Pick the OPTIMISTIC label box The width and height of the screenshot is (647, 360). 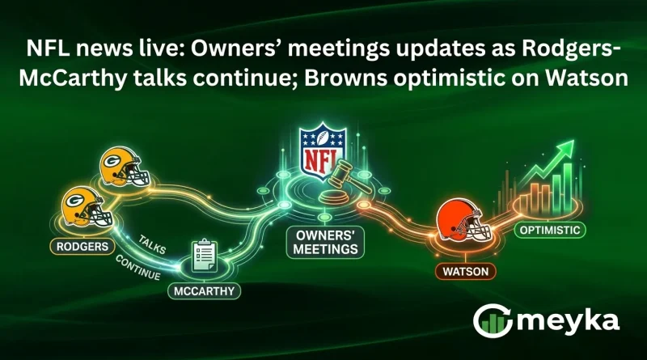pyautogui.click(x=551, y=231)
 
